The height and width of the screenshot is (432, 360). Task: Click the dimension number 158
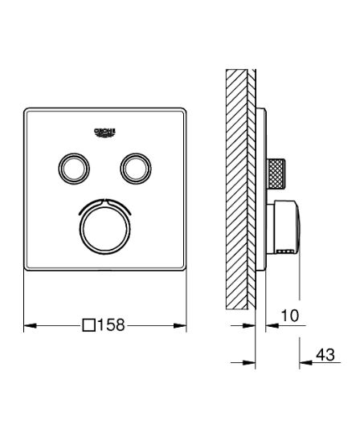point(112,325)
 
